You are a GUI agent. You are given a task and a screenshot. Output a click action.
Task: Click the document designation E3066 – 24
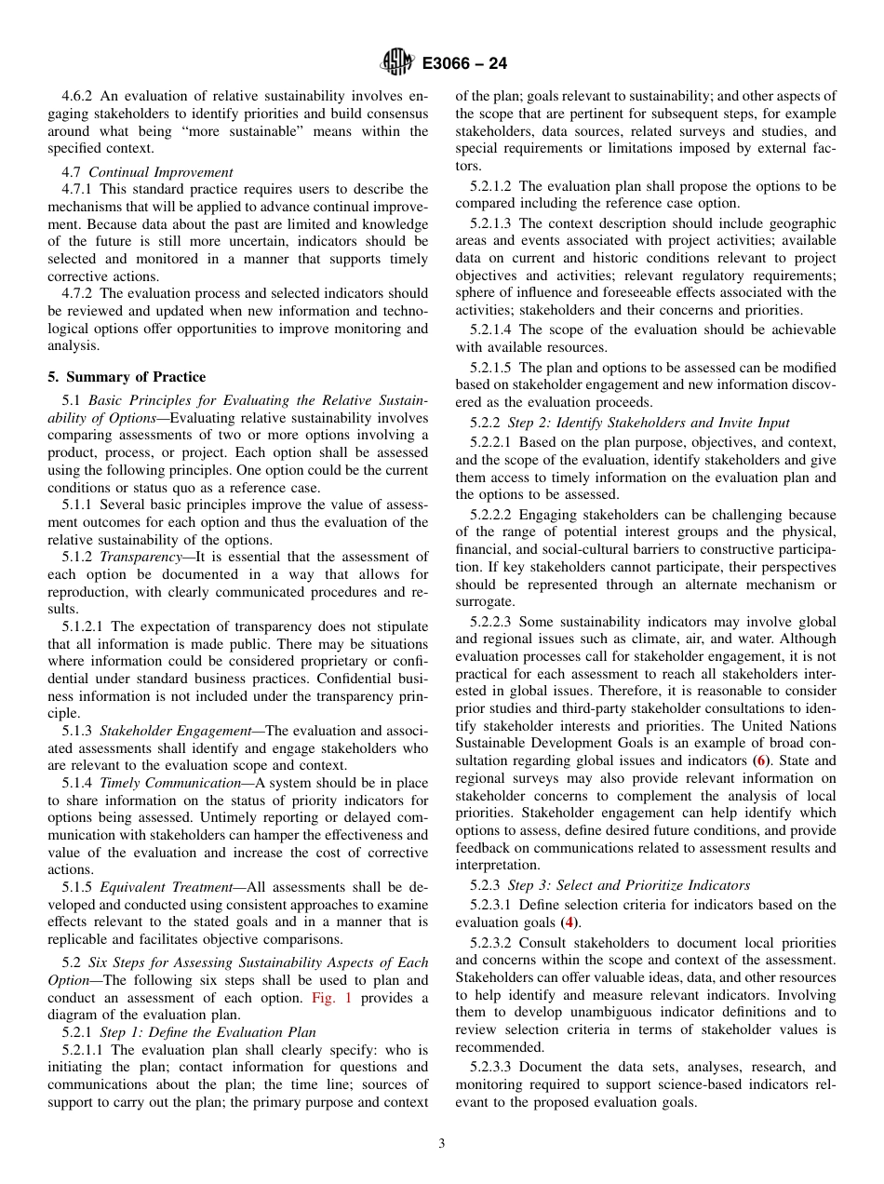[x=464, y=64]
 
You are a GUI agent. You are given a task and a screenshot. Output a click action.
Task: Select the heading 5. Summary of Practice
[x=127, y=377]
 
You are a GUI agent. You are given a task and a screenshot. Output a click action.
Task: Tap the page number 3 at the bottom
[x=441, y=1144]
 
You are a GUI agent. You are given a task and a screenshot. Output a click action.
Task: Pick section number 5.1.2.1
[x=83, y=626]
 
